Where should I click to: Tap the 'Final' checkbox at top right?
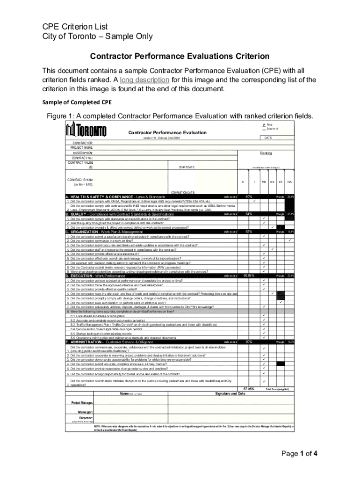pyautogui.click(x=263, y=124)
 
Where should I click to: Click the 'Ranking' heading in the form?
pyautogui.click(x=266, y=153)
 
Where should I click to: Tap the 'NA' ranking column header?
pyautogui.click(x=290, y=181)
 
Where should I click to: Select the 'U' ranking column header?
pyautogui.click(x=243, y=181)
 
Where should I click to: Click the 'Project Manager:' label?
pyautogui.click(x=82, y=402)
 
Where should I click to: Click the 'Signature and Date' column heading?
pyautogui.click(x=230, y=393)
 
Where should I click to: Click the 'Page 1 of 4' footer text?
pyautogui.click(x=299, y=453)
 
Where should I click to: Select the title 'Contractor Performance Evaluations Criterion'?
pyautogui.click(x=180, y=56)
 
